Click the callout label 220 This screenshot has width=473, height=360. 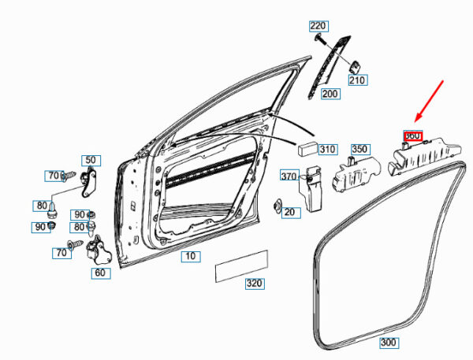(318, 25)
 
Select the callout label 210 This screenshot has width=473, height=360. (357, 80)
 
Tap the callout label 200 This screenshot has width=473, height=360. (330, 94)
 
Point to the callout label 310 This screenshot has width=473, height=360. (327, 148)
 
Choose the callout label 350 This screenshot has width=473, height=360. (359, 148)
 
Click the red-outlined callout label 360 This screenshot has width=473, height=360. (412, 135)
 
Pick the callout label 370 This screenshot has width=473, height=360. (289, 176)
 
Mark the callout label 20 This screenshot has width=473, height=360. (290, 212)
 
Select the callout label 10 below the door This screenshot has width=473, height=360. (190, 256)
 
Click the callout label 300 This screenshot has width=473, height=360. (389, 343)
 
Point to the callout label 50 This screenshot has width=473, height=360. (91, 160)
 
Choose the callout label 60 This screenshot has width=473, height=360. (99, 273)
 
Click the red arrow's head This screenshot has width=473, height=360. (418, 115)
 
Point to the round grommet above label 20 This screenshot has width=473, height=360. (278, 206)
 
